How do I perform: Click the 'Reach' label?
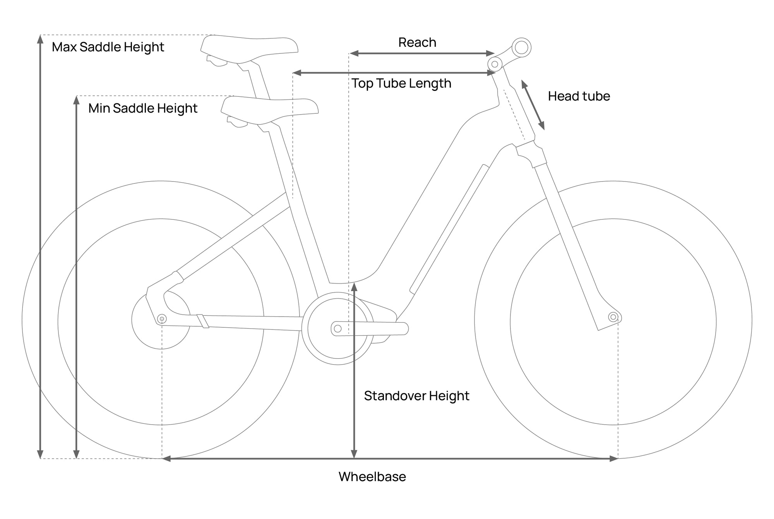click(417, 42)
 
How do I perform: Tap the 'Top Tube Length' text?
click(401, 84)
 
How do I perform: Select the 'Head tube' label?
click(579, 96)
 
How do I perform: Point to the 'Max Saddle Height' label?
click(108, 47)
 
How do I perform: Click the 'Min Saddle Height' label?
click(143, 108)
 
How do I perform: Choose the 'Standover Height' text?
click(416, 396)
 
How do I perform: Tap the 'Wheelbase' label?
click(372, 476)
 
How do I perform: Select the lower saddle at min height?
click(270, 111)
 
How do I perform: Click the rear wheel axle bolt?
click(162, 319)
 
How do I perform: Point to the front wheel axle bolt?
click(613, 317)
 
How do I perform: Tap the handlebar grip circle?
click(521, 48)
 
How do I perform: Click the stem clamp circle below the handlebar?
click(495, 64)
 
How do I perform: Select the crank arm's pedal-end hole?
click(337, 329)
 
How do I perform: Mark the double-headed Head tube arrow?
click(533, 105)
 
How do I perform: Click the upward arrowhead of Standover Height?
click(354, 287)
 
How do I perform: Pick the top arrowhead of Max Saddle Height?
click(40, 39)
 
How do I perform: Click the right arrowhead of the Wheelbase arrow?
click(614, 459)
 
